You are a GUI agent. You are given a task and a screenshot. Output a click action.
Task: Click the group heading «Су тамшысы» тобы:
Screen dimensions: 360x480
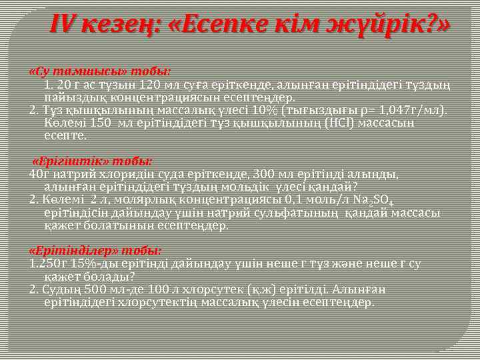[x=100, y=71]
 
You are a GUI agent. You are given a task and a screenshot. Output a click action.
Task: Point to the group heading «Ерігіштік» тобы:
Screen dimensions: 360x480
[x=93, y=161]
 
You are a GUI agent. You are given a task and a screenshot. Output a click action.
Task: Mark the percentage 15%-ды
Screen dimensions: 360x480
[x=84, y=264]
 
